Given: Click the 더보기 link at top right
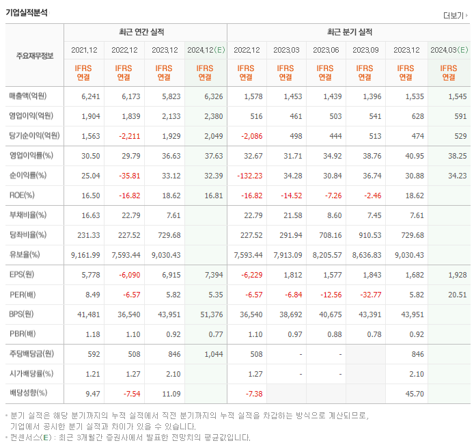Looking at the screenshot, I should pyautogui.click(x=454, y=15).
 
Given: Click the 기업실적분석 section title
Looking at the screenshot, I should pyautogui.click(x=27, y=12).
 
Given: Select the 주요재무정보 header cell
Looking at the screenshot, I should pyautogui.click(x=35, y=55).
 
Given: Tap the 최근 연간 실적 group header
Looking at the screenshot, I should pyautogui.click(x=145, y=32).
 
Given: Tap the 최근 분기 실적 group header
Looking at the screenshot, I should pyautogui.click(x=349, y=32).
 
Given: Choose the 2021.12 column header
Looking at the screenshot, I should pyautogui.click(x=85, y=50).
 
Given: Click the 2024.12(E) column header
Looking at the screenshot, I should pyautogui.click(x=206, y=50).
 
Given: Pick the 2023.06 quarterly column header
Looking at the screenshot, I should pyautogui.click(x=326, y=50).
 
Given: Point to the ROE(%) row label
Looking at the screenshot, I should pyautogui.click(x=23, y=195).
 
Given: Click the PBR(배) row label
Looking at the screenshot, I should pyautogui.click(x=23, y=334).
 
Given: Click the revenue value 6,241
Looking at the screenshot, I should pyautogui.click(x=90, y=96).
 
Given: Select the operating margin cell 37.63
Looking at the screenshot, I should pyautogui.click(x=214, y=156).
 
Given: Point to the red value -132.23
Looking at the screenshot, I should pyautogui.click(x=249, y=176).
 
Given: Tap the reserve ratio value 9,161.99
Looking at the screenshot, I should pyautogui.click(x=85, y=255).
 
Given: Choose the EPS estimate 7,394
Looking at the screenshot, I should pyautogui.click(x=213, y=275).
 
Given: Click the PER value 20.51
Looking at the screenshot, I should pyautogui.click(x=458, y=295).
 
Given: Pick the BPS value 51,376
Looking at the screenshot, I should pyautogui.click(x=211, y=314).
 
